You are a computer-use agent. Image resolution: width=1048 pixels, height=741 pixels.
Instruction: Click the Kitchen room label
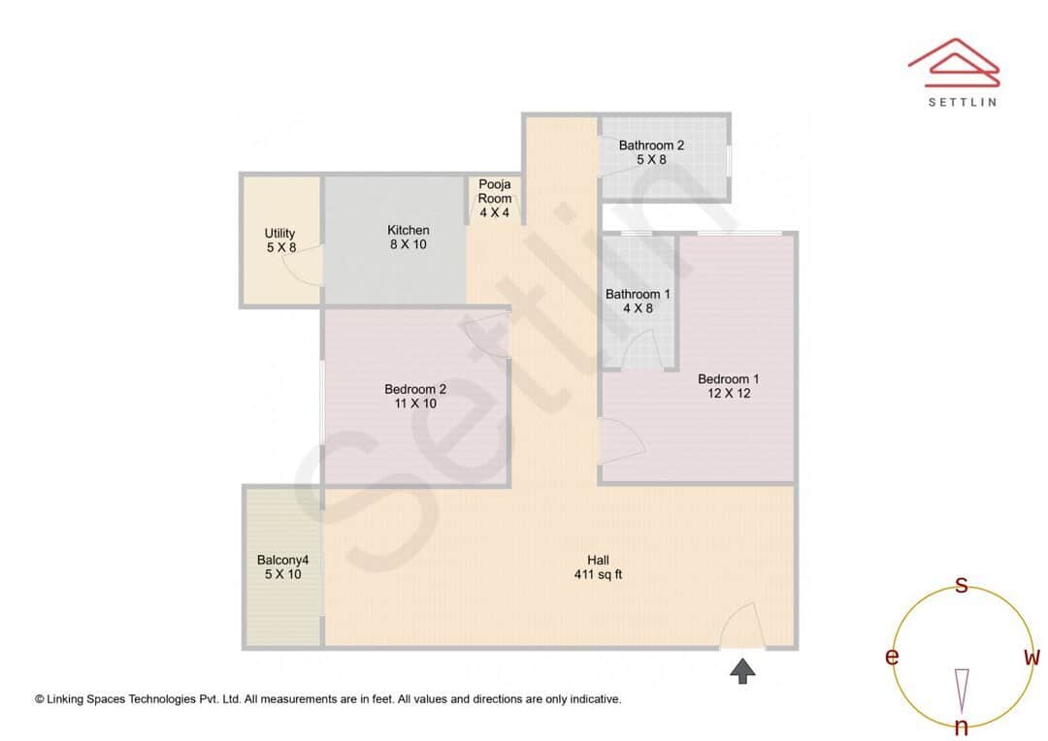[408, 230]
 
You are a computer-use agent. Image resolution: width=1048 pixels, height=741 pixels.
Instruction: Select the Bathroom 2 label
[651, 145]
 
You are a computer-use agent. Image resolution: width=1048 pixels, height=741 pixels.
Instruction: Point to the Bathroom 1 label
[638, 294]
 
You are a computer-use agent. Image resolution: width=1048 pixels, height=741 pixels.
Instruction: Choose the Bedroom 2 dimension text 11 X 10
[415, 403]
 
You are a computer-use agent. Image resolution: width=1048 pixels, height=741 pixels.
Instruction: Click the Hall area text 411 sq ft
[598, 574]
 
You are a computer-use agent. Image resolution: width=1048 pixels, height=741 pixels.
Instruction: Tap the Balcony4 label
[282, 560]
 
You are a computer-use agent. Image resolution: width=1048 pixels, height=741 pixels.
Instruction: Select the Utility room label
[280, 233]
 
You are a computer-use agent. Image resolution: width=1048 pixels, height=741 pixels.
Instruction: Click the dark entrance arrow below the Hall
[742, 670]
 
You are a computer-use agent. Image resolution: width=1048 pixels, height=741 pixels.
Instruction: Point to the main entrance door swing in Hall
[745, 627]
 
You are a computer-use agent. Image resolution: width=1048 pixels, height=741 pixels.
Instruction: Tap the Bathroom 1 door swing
[642, 349]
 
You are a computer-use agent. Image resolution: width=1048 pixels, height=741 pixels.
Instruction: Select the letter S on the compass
[962, 585]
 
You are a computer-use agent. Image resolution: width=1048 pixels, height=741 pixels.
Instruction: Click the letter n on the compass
[962, 726]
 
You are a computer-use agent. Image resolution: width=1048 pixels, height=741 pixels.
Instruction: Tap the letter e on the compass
[891, 657]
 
